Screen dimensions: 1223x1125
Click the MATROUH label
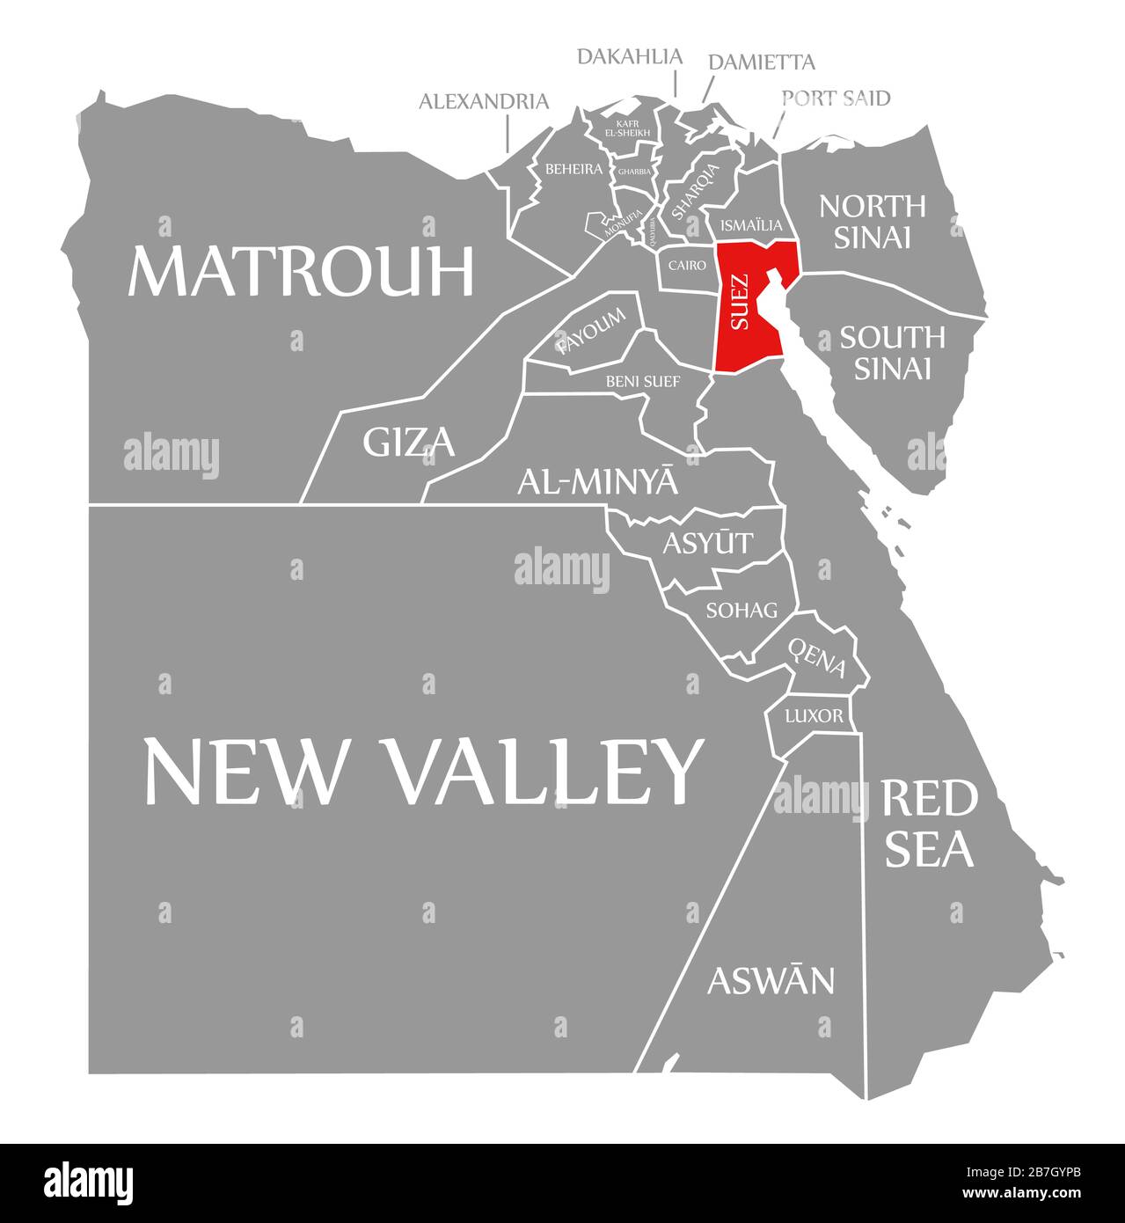tap(301, 271)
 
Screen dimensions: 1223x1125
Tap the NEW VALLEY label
tap(423, 771)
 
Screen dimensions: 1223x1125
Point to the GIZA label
tap(409, 443)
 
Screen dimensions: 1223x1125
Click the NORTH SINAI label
tap(872, 221)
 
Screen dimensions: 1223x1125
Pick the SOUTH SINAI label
tap(892, 352)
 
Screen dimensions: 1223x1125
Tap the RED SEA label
tap(929, 824)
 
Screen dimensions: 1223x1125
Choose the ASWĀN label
tap(771, 979)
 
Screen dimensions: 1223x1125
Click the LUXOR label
tap(814, 715)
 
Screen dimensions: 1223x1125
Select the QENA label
tap(817, 658)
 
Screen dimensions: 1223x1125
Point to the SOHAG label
tap(741, 609)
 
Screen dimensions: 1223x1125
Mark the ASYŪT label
tap(707, 543)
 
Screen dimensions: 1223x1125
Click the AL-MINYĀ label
tap(597, 481)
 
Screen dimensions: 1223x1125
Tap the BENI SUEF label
tap(643, 381)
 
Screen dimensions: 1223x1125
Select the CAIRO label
tap(687, 264)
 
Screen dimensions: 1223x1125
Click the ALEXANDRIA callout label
tap(484, 101)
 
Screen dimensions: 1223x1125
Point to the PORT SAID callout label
tap(836, 98)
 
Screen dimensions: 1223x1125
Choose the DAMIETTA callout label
tap(761, 62)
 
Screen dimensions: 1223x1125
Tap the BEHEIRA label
tap(573, 168)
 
